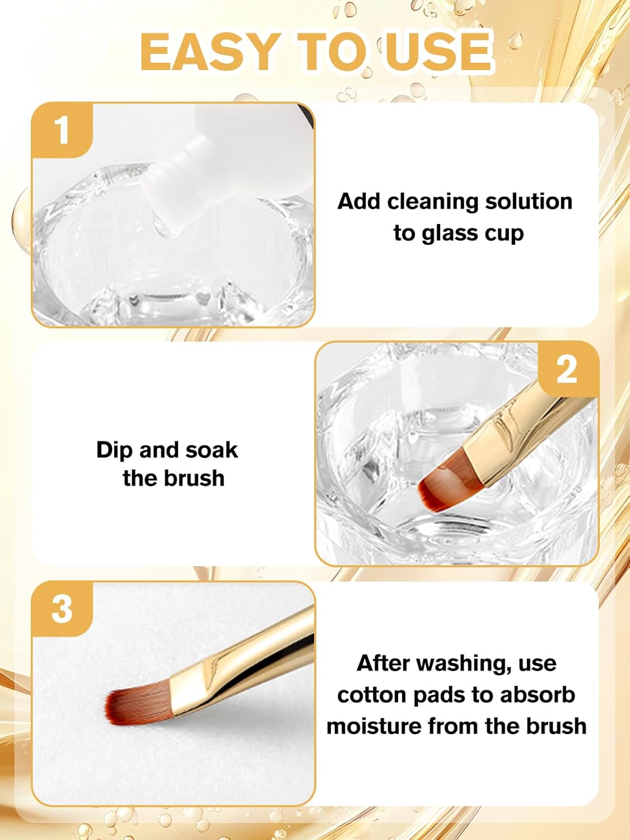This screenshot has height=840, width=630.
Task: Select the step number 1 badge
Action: click(x=62, y=130)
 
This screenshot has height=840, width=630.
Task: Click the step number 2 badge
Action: click(x=567, y=370)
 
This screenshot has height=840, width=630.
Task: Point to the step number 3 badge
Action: click(x=62, y=609)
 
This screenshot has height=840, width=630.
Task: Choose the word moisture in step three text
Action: click(x=374, y=726)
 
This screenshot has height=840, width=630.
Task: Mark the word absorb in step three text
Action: click(x=538, y=695)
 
